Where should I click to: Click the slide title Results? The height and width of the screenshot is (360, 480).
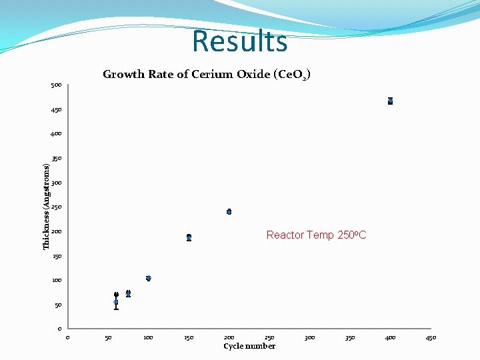240,41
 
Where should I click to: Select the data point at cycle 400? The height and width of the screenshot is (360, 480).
390,101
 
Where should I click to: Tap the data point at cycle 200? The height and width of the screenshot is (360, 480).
229,211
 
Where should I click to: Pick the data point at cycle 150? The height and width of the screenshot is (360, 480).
189,237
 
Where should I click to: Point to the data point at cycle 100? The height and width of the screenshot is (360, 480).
148,278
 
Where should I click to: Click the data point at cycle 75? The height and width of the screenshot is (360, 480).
128,293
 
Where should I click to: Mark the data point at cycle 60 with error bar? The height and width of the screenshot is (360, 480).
116,301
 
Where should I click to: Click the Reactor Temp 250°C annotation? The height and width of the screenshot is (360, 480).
316,235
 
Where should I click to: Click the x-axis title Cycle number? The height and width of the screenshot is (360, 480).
249,346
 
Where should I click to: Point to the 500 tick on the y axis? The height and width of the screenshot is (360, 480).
56,85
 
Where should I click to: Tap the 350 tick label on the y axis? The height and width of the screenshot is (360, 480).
56,159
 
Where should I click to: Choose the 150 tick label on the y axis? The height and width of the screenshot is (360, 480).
56,256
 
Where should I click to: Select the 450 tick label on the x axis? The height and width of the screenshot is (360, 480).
431,337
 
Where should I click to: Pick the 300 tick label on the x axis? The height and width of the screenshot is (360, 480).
309,337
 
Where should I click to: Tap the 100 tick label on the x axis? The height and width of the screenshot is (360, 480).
148,337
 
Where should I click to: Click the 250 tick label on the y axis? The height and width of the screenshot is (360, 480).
56,207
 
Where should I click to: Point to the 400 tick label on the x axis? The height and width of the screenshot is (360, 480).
390,337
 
